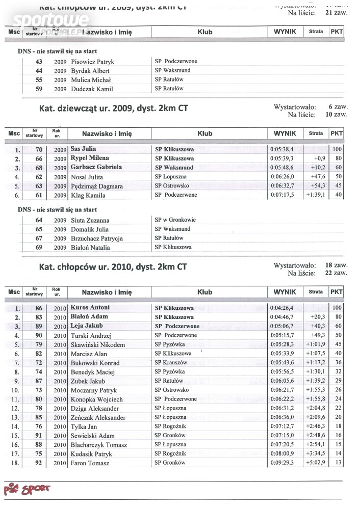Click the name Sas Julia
coord(83,149)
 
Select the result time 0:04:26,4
coord(282,308)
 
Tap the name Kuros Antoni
coord(90,308)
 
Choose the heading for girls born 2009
coord(113,109)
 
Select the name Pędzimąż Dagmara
coord(96,186)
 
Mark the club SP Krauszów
coord(171,362)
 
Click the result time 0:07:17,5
coord(282,195)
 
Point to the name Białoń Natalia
coord(90,248)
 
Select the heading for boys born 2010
coord(113,267)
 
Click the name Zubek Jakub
coord(88,381)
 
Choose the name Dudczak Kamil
coord(92,89)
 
